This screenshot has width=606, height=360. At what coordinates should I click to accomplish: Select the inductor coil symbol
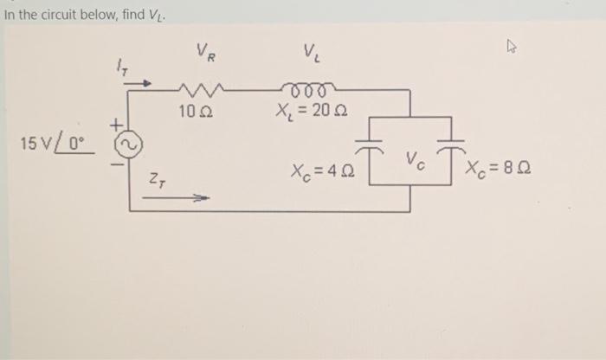pos(307,87)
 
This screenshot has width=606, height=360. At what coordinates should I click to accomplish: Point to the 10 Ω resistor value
pos(194,112)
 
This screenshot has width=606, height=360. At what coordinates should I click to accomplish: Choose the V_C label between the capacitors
pos(413,160)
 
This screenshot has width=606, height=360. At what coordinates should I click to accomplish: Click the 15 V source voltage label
pos(55,140)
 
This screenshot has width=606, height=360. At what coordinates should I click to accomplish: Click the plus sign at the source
pos(115,127)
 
